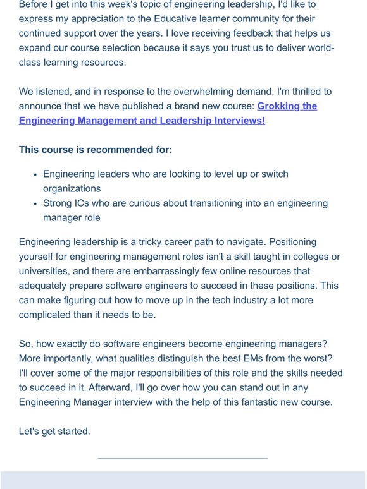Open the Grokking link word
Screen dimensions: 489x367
279,106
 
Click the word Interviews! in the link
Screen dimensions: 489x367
237,120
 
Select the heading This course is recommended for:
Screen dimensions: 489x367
96,150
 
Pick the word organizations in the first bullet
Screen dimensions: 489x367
72,188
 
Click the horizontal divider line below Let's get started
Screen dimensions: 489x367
183,458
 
